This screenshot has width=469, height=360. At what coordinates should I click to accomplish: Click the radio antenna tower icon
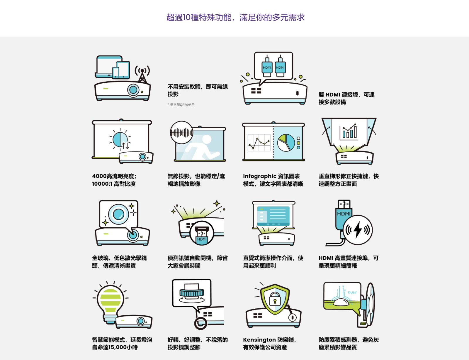pyautogui.click(x=142, y=75)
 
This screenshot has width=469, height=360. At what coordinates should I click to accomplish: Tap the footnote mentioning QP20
pyautogui.click(x=181, y=105)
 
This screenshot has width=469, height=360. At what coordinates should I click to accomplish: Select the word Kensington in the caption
pyautogui.click(x=259, y=340)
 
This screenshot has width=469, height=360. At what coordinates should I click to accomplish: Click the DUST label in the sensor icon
pyautogui.click(x=352, y=293)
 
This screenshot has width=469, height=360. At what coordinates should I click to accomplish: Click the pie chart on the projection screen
pyautogui.click(x=286, y=143)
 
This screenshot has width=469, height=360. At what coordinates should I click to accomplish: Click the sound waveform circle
pyautogui.click(x=181, y=132)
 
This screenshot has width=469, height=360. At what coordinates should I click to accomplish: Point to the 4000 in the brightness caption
pyautogui.click(x=99, y=176)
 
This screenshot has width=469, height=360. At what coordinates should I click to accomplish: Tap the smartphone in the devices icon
pyautogui.click(x=115, y=72)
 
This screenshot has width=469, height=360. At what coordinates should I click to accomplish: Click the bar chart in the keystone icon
pyautogui.click(x=349, y=132)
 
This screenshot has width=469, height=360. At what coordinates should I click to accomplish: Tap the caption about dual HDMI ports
pyautogui.click(x=346, y=98)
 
